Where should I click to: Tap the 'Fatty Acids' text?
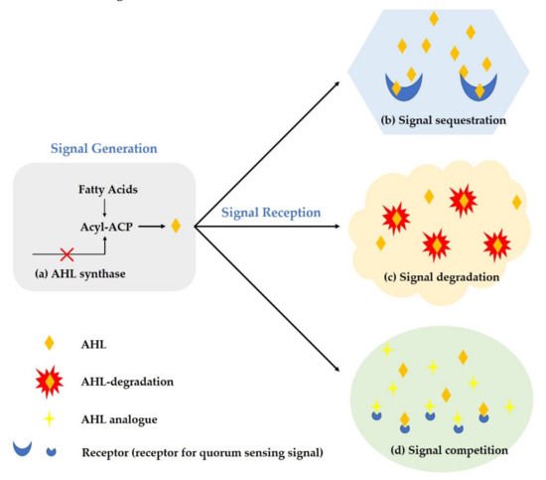point(106,188)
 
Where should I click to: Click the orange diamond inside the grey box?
point(176,226)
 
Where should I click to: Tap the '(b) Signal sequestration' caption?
point(446,121)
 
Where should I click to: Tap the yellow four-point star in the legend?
point(50,419)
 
